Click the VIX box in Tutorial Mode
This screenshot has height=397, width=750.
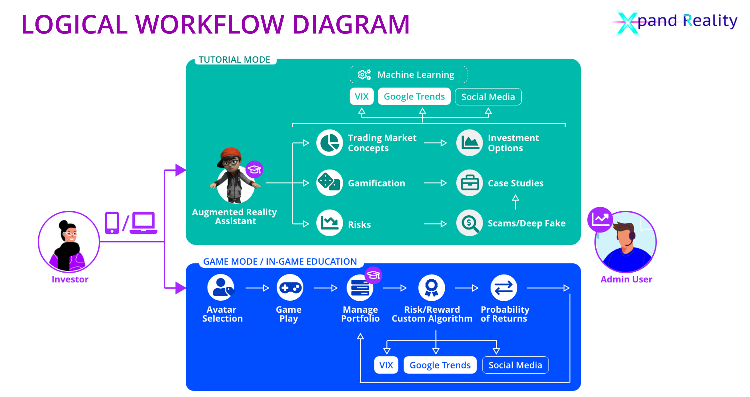click(361, 96)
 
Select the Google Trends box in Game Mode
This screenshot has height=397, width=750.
click(440, 365)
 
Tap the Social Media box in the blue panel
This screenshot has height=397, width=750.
click(515, 365)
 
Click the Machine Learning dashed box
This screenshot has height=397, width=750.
click(408, 75)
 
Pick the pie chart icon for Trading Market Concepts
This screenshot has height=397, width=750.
click(329, 143)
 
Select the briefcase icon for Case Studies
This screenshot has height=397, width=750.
click(469, 183)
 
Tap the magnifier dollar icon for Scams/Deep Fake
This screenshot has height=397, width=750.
click(469, 223)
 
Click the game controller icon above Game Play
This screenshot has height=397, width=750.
click(290, 288)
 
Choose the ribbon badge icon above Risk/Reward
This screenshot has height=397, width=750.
click(431, 288)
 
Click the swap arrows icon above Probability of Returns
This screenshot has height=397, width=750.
click(504, 288)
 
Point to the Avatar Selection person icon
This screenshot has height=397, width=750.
click(221, 288)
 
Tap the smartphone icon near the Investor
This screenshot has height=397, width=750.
click(112, 223)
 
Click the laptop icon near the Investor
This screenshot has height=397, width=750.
click(143, 223)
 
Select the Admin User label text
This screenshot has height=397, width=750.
click(626, 279)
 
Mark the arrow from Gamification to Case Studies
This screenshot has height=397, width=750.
click(435, 183)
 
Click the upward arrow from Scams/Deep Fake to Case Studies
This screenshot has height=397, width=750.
click(515, 202)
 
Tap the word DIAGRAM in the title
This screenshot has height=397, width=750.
click(351, 24)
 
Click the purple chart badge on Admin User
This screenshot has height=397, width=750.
click(600, 219)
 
